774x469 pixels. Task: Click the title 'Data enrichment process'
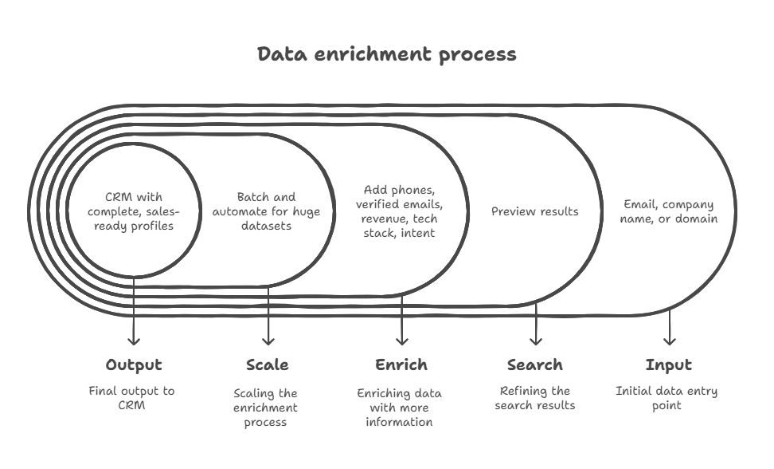(387, 54)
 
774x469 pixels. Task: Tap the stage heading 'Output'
(134, 365)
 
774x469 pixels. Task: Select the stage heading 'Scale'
(267, 365)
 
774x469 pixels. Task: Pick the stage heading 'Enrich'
(401, 365)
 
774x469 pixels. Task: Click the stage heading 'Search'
(535, 365)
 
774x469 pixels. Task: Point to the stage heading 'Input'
(668, 365)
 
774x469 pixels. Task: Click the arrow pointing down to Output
(134, 319)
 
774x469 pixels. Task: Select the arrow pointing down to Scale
(268, 319)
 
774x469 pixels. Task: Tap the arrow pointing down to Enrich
(401, 319)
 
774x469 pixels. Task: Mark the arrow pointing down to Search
(536, 323)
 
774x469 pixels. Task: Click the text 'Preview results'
(534, 211)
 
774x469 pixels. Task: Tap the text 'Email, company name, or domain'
(668, 211)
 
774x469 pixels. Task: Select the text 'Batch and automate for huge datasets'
(266, 211)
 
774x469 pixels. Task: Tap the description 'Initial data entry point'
(666, 398)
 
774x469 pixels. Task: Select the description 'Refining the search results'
(534, 398)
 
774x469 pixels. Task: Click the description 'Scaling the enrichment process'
(266, 407)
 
